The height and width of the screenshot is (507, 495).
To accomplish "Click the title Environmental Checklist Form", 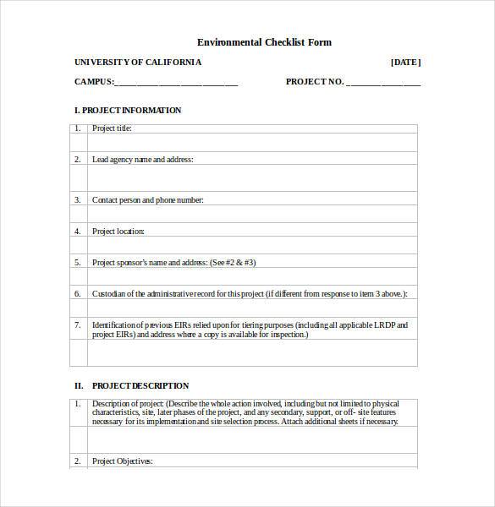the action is [264, 42].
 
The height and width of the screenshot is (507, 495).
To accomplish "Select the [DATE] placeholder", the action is [405, 63].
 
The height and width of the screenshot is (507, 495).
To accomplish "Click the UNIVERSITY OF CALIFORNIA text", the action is [138, 63].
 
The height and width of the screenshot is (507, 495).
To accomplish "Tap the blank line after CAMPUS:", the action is [175, 83].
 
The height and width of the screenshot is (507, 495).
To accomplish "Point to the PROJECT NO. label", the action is [315, 82].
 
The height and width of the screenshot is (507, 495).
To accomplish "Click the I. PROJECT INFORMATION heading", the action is [128, 111].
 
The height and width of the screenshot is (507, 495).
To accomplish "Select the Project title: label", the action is [112, 129].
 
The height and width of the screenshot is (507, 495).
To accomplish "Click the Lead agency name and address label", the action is [142, 159].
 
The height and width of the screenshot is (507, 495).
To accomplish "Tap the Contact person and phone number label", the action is [147, 200].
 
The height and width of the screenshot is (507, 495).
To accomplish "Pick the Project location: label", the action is [118, 232].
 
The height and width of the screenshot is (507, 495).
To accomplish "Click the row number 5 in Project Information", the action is [77, 263].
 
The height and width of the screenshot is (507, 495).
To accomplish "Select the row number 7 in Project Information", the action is [77, 324].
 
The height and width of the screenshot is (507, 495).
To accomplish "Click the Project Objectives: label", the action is [123, 461].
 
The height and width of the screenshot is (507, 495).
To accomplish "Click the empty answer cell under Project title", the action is [252, 144].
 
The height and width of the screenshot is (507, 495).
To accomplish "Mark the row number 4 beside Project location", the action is [77, 232].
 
